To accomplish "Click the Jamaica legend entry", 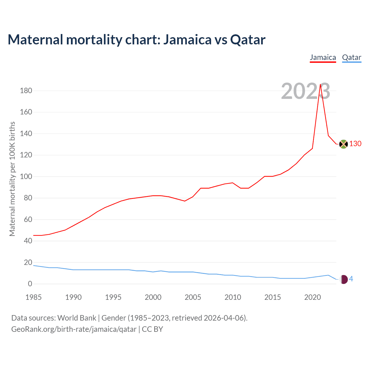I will [323, 58].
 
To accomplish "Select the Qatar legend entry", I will [351, 58].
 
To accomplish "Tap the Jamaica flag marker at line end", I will [343, 144].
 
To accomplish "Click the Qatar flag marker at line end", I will [344, 279].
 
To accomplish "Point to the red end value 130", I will [355, 144].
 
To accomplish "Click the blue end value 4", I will [351, 279].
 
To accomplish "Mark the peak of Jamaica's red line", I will [320, 84].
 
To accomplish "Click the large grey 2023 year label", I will [305, 91].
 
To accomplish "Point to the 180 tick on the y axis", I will [26, 91].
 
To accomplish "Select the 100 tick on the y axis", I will [26, 176].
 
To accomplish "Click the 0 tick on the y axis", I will [30, 284].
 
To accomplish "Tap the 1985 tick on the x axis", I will [33, 297].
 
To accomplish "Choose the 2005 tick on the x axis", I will [193, 297].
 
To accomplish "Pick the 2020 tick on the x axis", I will [312, 297].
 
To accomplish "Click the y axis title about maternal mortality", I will [12, 179].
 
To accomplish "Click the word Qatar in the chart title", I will [248, 40].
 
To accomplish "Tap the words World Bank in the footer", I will [77, 318].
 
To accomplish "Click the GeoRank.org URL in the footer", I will [74, 329].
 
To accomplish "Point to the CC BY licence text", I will [153, 329].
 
